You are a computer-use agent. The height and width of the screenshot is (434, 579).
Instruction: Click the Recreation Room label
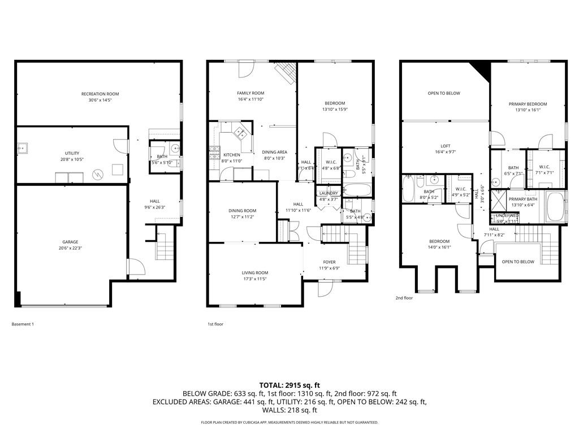point(100,94)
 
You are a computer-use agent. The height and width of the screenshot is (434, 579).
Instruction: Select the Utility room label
point(72,153)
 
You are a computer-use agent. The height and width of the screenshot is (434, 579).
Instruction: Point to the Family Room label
point(250,93)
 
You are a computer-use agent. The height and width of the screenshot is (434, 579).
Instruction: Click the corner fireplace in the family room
point(286,72)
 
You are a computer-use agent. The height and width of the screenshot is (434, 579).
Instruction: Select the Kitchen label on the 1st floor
point(231,155)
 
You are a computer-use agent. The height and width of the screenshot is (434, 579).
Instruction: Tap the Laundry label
point(329,193)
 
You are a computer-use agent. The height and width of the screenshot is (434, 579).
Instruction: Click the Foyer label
point(329,262)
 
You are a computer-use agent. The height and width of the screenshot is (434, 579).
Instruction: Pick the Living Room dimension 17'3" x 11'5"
point(254,279)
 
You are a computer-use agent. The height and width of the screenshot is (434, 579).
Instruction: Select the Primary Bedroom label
point(528,104)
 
